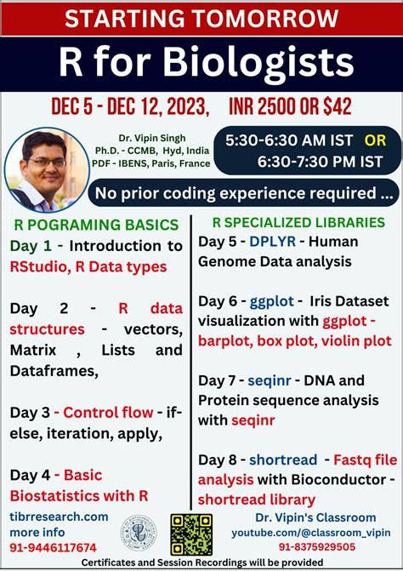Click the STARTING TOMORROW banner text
(x=201, y=18)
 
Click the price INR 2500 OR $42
(x=291, y=107)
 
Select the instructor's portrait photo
(x=48, y=166)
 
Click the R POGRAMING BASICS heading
(x=96, y=226)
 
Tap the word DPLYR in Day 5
(x=272, y=241)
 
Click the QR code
(x=191, y=534)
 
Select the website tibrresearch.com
(x=60, y=517)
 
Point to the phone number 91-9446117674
(x=54, y=548)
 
